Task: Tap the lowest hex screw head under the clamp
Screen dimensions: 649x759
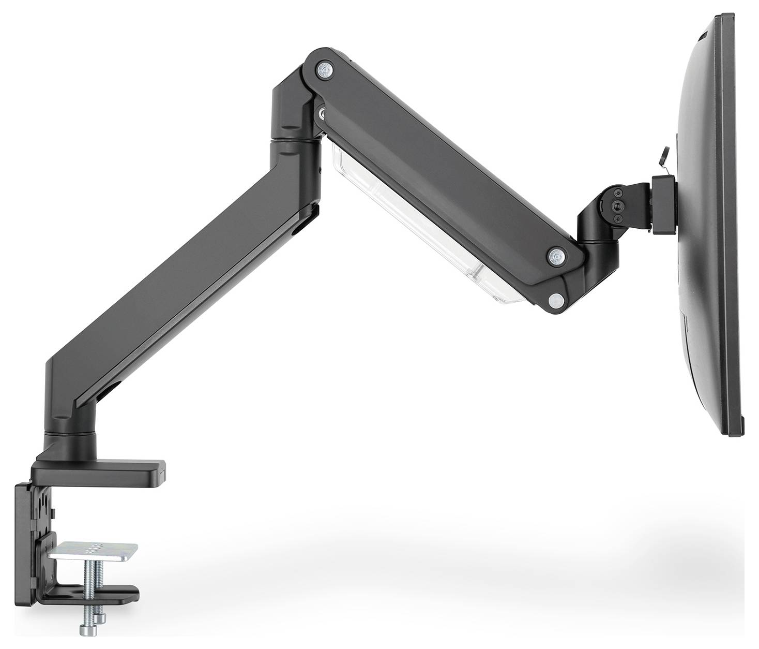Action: pos(85,629)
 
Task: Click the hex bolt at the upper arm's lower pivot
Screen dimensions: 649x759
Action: pos(555,255)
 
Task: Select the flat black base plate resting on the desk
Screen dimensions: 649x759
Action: pos(98,472)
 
